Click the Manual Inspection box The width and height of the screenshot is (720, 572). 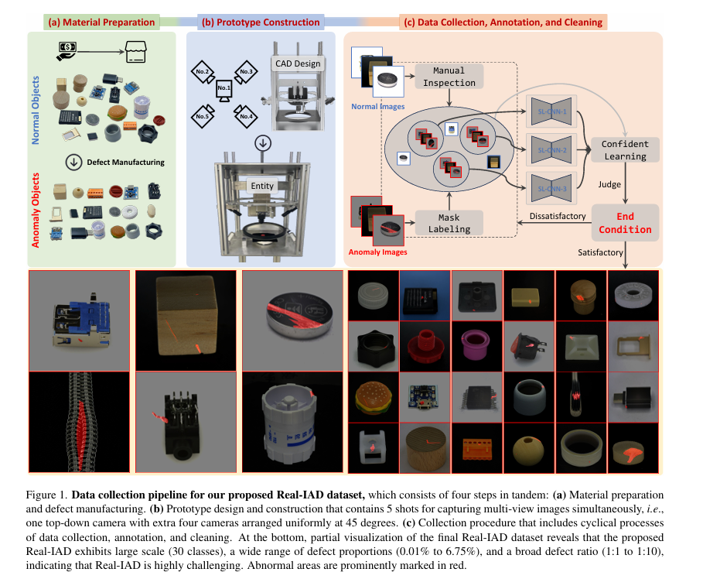(x=449, y=77)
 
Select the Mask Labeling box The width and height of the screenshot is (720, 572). (x=449, y=223)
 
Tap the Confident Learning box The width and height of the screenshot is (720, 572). (x=625, y=150)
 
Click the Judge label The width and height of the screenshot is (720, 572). (x=609, y=185)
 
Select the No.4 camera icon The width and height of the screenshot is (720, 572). (x=247, y=114)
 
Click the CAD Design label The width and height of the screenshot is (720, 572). (x=295, y=63)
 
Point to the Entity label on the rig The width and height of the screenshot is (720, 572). (x=263, y=187)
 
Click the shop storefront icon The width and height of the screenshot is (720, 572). (x=133, y=53)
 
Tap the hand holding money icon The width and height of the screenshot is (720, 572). (x=68, y=51)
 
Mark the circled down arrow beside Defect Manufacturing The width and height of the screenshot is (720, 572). (x=75, y=163)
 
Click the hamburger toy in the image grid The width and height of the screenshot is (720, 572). (x=374, y=398)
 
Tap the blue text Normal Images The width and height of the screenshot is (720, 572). (x=379, y=106)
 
